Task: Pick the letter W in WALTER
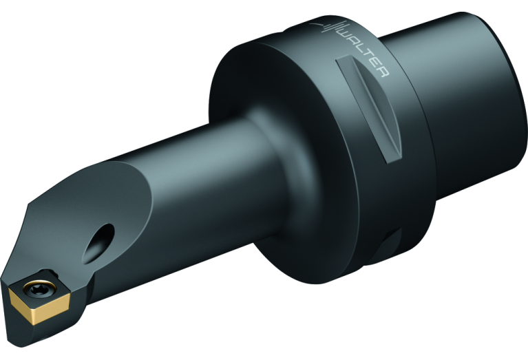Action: (347, 34)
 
